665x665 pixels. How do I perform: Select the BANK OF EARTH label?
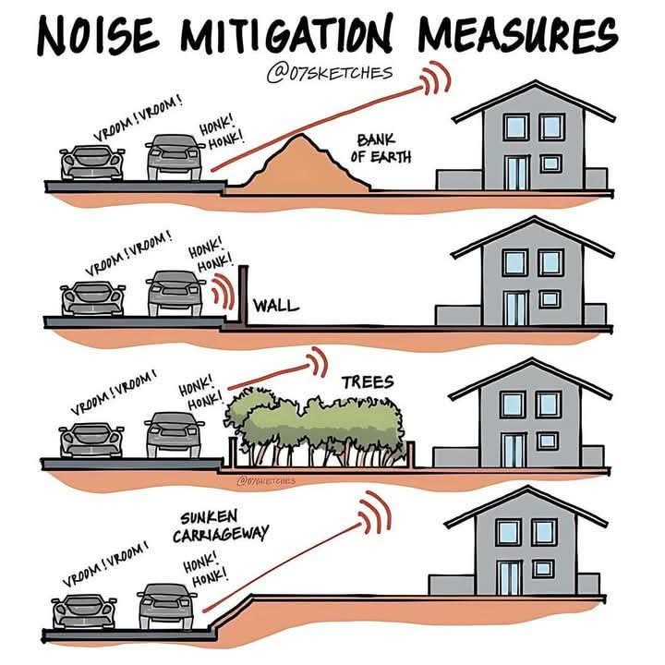378,147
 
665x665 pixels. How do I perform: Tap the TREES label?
367,381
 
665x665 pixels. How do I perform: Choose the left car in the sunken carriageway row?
83,611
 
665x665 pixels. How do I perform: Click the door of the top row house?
515,172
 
